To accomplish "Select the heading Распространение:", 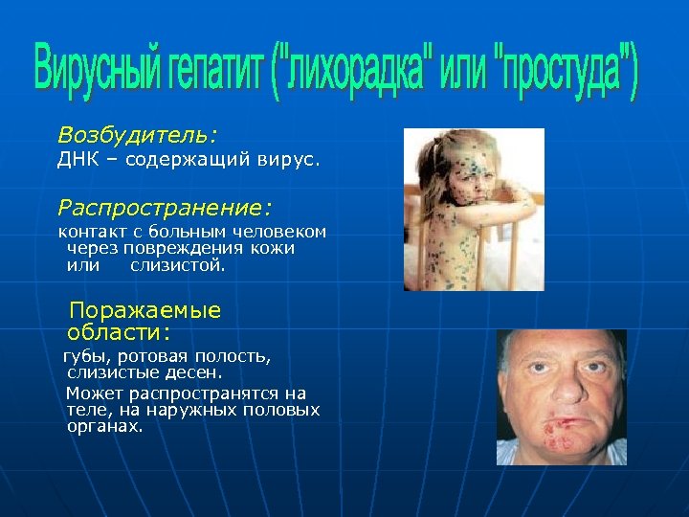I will pyautogui.click(x=166, y=206).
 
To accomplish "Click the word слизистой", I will pyautogui.click(x=178, y=265).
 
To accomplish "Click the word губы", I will pyautogui.click(x=85, y=357).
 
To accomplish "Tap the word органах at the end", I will pyautogui.click(x=103, y=426).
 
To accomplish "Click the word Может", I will pyautogui.click(x=90, y=393).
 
